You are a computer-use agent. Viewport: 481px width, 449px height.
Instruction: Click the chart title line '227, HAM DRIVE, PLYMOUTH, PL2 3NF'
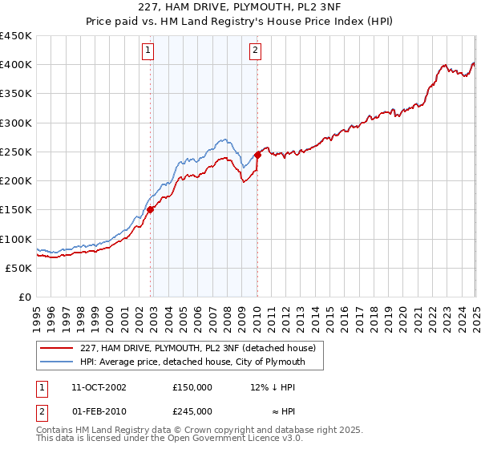click(x=240, y=9)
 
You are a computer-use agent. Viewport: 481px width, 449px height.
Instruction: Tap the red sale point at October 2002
click(x=150, y=210)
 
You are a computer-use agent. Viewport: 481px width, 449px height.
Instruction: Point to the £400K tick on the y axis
click(x=15, y=65)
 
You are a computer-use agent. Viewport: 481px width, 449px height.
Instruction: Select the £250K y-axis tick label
click(x=15, y=152)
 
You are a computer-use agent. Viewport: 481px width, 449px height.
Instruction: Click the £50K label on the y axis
click(x=18, y=268)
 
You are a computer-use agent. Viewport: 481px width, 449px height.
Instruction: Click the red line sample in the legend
click(x=57, y=348)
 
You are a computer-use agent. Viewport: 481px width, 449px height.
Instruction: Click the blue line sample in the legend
click(x=57, y=362)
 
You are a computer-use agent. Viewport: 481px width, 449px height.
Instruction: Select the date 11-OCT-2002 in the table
click(x=99, y=386)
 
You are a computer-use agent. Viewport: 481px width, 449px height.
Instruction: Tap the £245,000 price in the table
click(x=192, y=411)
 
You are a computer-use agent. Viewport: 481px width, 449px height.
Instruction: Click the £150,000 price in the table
click(x=192, y=386)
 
